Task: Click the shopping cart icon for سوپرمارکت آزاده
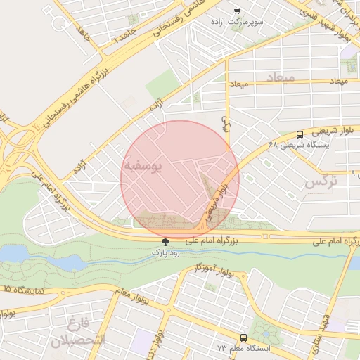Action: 237,11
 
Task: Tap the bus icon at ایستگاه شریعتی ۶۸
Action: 300,134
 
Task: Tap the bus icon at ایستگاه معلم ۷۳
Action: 243,337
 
